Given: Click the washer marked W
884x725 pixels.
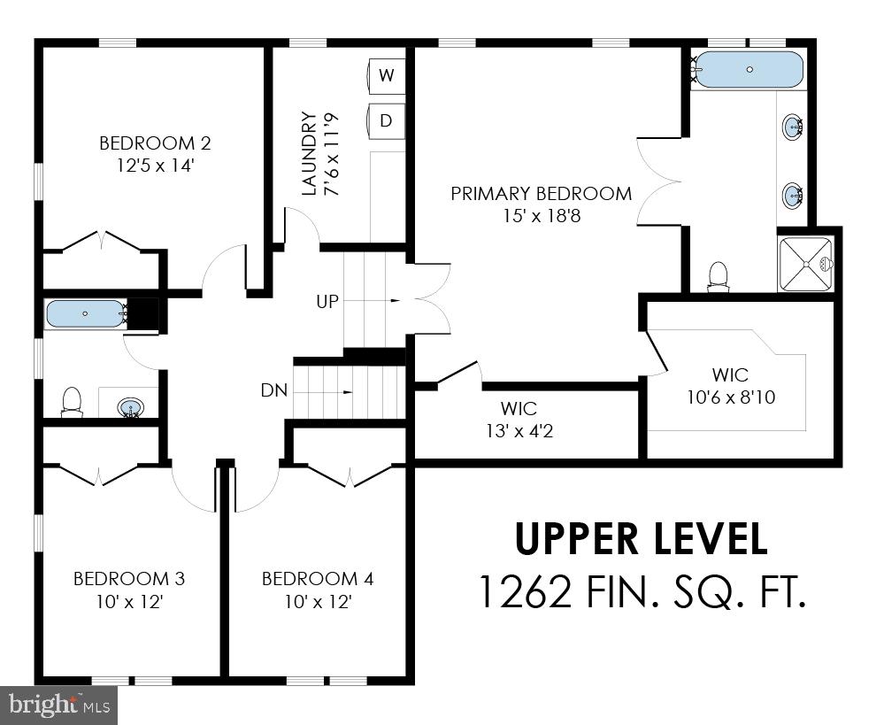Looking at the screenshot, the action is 387,75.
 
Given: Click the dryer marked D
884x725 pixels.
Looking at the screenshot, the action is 387,120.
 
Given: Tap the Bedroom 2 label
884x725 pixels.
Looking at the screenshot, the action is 155,143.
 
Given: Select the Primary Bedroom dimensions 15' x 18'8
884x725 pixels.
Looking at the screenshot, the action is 542,216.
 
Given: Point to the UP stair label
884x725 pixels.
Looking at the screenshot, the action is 327,302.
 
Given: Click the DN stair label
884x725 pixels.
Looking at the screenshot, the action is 274,390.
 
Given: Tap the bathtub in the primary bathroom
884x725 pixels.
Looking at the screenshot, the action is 748,70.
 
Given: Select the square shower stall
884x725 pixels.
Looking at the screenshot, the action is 805,265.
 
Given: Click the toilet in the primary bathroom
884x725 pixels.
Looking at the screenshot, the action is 719,277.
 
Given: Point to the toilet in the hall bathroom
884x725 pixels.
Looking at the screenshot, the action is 72,402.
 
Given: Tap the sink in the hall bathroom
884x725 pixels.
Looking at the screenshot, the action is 131,407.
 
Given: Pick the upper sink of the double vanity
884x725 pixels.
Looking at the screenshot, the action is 793,127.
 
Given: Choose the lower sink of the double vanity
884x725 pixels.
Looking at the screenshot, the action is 793,196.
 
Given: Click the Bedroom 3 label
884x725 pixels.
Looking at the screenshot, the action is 129,579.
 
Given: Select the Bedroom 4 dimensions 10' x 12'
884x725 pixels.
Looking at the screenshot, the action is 319,603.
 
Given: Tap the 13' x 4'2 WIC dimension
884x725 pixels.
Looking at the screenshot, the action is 519,432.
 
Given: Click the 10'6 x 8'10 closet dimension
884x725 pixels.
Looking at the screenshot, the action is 731,397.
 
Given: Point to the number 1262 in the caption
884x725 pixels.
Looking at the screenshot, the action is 525,591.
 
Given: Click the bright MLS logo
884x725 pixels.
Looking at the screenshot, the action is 58,706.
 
